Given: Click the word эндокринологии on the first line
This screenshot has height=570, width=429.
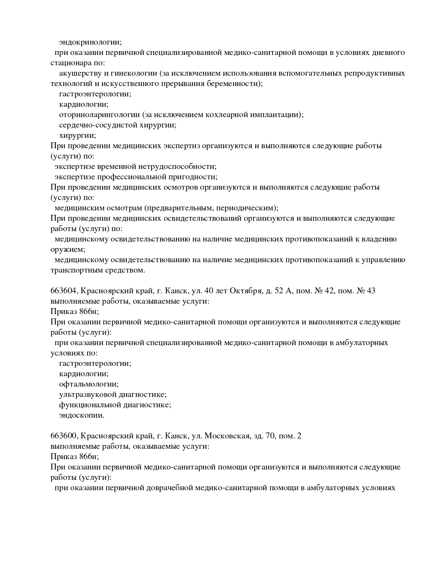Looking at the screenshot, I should [90, 42].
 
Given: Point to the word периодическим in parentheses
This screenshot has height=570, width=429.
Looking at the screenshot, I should [249, 208].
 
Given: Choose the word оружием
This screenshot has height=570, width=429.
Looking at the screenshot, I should [67, 249].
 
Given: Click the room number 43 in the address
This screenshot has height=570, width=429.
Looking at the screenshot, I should [371, 291].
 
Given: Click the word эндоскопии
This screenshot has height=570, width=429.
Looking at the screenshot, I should [81, 415].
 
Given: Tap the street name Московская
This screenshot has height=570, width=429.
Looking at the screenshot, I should [230, 436].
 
